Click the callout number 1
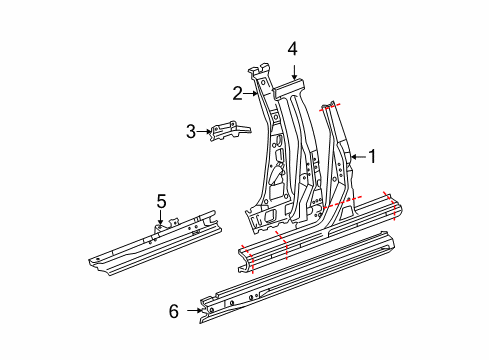(373, 155)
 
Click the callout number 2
(238, 94)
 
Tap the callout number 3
(190, 129)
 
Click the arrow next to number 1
(358, 155)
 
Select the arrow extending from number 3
(204, 129)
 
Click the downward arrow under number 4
(293, 68)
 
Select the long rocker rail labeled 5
(150, 240)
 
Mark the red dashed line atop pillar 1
(329, 105)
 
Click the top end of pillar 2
(262, 68)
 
